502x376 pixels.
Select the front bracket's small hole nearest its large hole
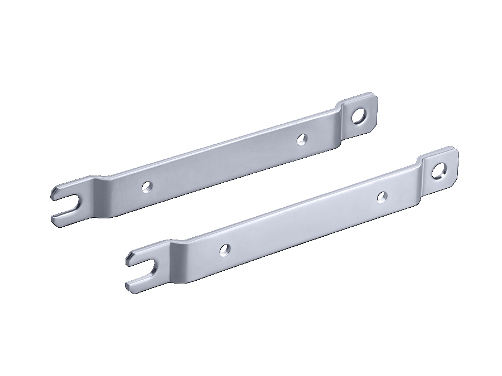pyautogui.click(x=382, y=196)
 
